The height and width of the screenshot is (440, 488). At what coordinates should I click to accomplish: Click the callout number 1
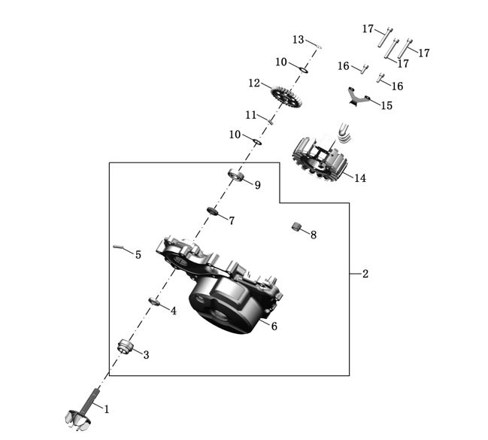point(107,409)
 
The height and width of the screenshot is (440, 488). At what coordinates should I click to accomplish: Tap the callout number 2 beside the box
point(365,274)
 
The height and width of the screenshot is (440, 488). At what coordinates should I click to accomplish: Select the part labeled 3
point(126,347)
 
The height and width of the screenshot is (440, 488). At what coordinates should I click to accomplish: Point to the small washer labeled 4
point(155,302)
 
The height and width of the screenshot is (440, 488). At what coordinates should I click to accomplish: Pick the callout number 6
point(274,326)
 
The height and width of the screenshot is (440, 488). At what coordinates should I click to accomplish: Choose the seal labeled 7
point(212,211)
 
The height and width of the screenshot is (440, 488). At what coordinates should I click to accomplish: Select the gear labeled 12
point(286,95)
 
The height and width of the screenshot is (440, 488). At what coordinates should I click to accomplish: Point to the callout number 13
point(299,39)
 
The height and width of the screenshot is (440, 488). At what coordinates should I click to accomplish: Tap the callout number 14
point(360,178)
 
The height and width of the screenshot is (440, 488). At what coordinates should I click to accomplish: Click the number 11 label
point(251,114)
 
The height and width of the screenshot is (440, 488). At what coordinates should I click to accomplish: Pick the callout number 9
point(258,185)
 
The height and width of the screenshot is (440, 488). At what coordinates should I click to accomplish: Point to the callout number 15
point(386,106)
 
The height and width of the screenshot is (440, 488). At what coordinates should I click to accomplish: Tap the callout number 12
point(254,82)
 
